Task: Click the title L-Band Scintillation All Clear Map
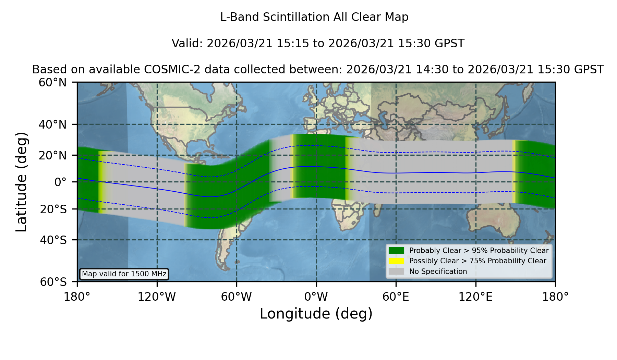(314, 17)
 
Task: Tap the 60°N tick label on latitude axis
(53, 83)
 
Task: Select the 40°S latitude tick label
(53, 240)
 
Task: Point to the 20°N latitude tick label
(53, 155)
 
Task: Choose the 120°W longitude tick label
(157, 297)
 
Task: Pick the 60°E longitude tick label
(396, 297)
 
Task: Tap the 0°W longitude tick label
(316, 297)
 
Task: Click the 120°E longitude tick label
(475, 297)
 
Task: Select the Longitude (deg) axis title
(316, 314)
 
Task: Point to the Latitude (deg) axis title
(22, 182)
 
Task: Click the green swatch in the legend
(397, 251)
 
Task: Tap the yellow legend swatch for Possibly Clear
(397, 261)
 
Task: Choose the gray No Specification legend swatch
(397, 272)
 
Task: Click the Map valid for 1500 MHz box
(124, 274)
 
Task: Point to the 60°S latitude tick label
(53, 282)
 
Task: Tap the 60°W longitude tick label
(237, 297)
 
